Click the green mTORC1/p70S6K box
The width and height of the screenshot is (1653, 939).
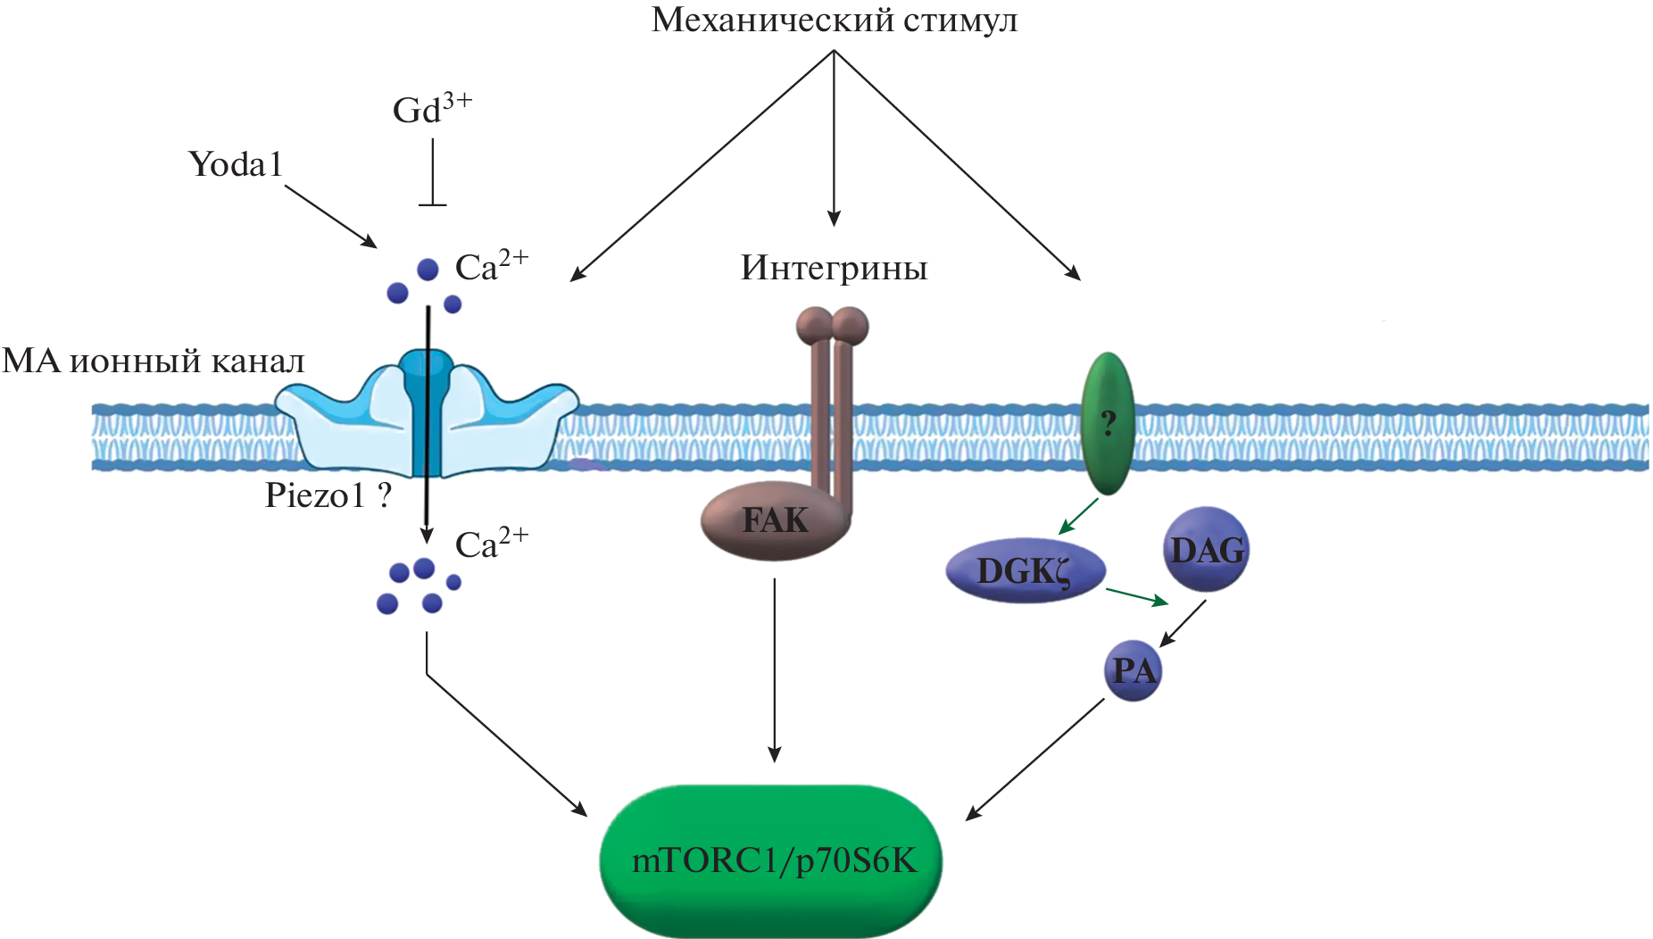[771, 860]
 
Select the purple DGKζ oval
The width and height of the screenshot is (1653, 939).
[1025, 571]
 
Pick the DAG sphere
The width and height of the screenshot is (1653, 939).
[1207, 550]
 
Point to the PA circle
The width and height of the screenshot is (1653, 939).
[1134, 670]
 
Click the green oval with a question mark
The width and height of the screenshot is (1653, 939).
[1108, 423]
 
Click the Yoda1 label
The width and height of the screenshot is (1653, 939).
[236, 164]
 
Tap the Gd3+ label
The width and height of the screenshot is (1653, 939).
[432, 109]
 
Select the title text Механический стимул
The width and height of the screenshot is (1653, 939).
[834, 20]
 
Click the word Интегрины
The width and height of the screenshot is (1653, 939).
[834, 268]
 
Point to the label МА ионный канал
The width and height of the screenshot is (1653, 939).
[154, 361]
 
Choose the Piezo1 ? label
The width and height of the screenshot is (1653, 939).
[328, 495]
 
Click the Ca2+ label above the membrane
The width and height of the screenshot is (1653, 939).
[492, 266]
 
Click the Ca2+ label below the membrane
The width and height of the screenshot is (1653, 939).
[492, 544]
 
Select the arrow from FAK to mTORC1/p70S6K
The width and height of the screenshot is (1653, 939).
[775, 669]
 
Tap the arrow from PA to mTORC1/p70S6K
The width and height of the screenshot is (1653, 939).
[1035, 759]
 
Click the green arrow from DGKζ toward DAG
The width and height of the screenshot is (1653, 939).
[1137, 596]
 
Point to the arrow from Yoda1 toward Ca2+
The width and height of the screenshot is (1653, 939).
[330, 217]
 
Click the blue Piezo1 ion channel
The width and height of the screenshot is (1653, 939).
[427, 415]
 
